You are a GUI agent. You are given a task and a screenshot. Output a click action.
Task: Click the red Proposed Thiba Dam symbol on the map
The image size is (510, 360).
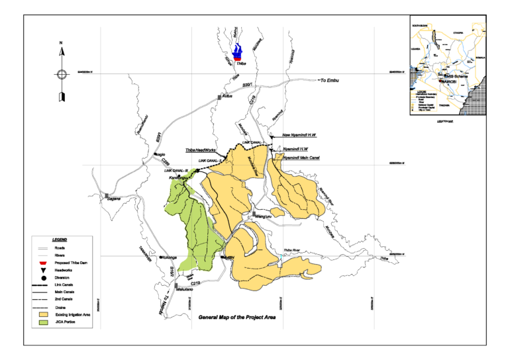pyautogui.click(x=236, y=58)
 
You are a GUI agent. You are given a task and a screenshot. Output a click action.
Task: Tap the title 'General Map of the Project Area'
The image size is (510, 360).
pyautogui.click(x=236, y=318)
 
